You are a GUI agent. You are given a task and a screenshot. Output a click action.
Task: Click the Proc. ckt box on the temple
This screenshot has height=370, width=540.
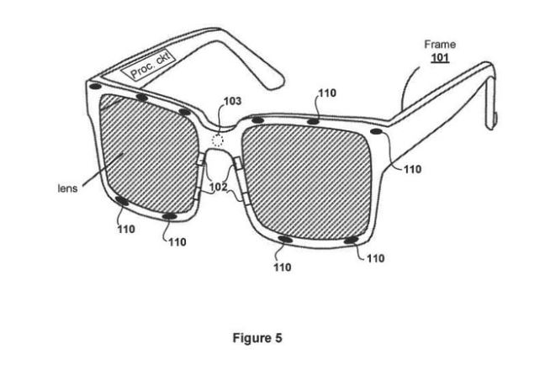(148, 66)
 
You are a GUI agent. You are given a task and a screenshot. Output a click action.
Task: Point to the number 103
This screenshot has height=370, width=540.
(233, 101)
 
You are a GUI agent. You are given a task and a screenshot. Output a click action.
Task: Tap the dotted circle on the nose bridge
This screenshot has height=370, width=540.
(217, 140)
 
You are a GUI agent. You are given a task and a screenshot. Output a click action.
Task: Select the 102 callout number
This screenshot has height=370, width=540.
(219, 187)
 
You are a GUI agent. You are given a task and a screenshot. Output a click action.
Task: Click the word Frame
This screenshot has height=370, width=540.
(440, 45)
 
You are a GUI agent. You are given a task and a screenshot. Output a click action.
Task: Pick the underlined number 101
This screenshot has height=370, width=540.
(440, 57)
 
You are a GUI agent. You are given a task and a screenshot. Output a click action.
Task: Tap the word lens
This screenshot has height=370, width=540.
(67, 188)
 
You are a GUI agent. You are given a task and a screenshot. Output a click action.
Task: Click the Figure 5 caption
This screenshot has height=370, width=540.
(257, 338)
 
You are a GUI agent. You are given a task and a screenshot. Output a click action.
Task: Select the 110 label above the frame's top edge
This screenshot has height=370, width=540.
(327, 93)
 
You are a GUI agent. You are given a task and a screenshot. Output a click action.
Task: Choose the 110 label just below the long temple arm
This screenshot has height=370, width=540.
(412, 169)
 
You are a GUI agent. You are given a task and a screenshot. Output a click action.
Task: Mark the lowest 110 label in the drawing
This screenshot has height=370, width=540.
(283, 267)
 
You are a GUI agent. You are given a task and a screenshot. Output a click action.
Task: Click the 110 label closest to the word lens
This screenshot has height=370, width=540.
(126, 230)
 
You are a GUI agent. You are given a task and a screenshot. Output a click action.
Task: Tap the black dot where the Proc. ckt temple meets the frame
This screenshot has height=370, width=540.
(95, 86)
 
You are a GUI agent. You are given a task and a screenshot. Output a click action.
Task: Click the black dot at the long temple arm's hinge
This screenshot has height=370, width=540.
(376, 131)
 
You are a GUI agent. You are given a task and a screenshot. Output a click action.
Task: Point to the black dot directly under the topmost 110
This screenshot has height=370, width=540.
(313, 121)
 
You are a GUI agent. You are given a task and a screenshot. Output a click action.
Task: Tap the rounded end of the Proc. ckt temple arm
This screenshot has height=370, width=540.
(274, 84)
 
